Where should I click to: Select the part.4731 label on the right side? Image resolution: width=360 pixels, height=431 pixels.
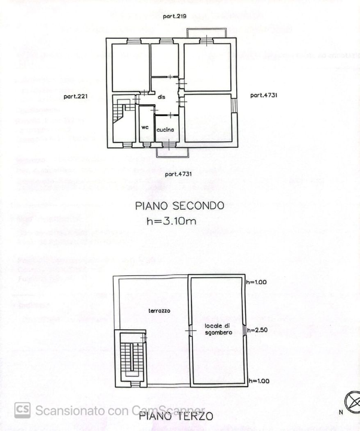(264, 95)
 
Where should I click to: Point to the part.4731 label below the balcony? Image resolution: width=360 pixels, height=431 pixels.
(178, 174)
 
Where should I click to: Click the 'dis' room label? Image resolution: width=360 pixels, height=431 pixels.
(161, 97)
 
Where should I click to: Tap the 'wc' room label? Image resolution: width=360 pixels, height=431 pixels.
(145, 128)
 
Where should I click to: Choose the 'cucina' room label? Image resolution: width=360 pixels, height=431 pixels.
(166, 129)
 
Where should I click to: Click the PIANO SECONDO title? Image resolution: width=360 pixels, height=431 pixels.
(179, 206)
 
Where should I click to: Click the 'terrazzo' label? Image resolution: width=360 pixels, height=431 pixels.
(160, 311)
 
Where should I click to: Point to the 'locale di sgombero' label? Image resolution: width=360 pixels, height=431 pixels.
(216, 329)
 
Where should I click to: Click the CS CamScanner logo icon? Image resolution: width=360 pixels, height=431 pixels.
(22, 410)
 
